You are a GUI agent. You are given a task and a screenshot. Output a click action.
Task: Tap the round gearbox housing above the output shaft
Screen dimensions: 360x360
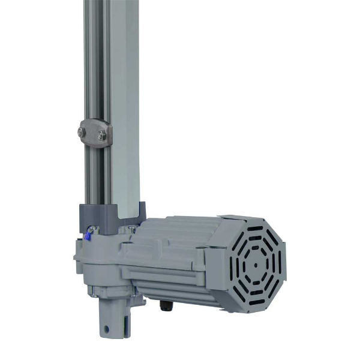(x=105, y=264)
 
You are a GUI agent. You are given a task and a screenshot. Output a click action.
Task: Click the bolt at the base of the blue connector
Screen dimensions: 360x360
(x=92, y=229)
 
